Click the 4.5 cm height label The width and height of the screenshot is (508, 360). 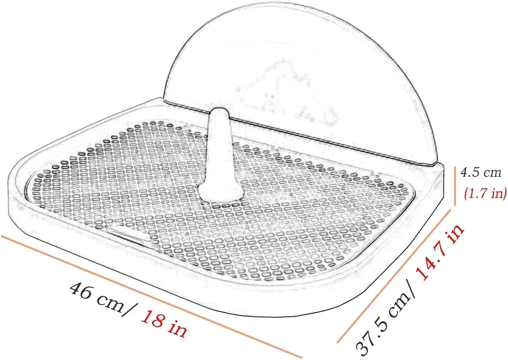pyautogui.click(x=481, y=173)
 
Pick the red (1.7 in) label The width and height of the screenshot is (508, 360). pyautogui.click(x=485, y=194)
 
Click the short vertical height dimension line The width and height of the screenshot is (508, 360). pyautogui.click(x=455, y=186)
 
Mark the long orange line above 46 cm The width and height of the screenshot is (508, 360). pyautogui.click(x=151, y=297)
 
